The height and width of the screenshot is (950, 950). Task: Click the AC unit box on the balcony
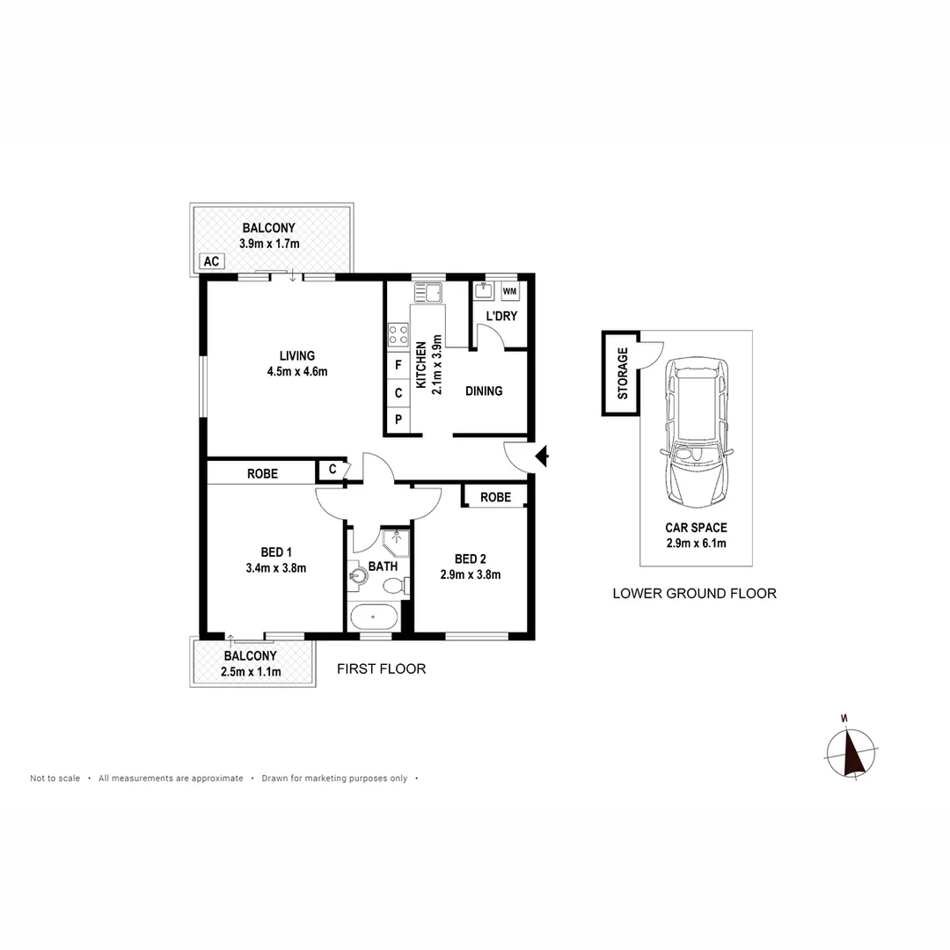[211, 261]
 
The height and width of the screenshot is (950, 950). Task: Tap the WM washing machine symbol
[509, 291]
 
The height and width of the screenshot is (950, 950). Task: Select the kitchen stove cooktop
[398, 334]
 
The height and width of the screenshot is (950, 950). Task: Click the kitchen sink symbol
[428, 292]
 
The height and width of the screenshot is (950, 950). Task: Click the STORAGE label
[622, 374]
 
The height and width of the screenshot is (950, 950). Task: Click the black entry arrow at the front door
[543, 456]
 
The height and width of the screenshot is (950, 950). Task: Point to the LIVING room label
[297, 355]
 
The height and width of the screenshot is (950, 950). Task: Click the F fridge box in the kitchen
[398, 363]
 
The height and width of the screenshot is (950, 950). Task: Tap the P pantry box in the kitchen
[398, 420]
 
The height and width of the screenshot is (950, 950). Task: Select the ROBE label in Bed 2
[496, 497]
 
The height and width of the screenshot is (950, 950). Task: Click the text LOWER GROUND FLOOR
[694, 594]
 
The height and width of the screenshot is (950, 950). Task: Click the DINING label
[484, 391]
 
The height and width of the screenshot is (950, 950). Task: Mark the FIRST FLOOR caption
[382, 669]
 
